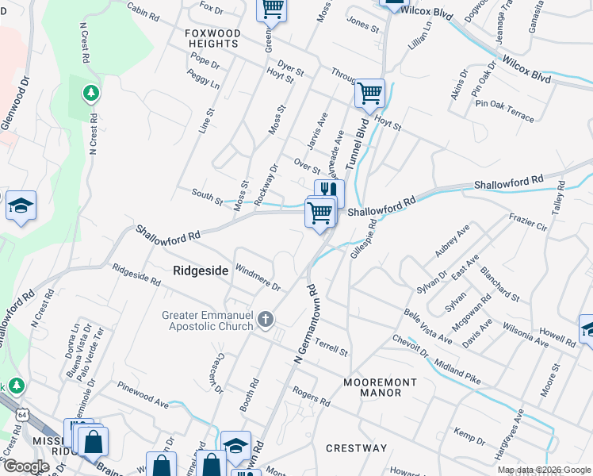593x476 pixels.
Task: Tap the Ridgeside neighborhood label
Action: pyautogui.click(x=201, y=271)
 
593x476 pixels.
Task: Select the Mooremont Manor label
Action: pyautogui.click(x=380, y=388)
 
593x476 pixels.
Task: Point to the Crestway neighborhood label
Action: pyautogui.click(x=356, y=448)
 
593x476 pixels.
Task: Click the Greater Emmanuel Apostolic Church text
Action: pyautogui.click(x=208, y=321)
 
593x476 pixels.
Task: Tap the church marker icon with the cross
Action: pyautogui.click(x=266, y=320)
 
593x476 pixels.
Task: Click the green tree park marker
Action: pyautogui.click(x=92, y=94)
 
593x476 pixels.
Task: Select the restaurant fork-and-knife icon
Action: pyautogui.click(x=330, y=191)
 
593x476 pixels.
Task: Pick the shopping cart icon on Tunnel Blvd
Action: pyautogui.click(x=369, y=93)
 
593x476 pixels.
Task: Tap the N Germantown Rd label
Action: pyautogui.click(x=304, y=325)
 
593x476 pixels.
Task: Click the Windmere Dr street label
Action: pyautogui.click(x=259, y=278)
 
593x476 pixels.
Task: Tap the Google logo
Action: pyautogui.click(x=26, y=466)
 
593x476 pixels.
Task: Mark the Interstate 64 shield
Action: pyautogui.click(x=21, y=413)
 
